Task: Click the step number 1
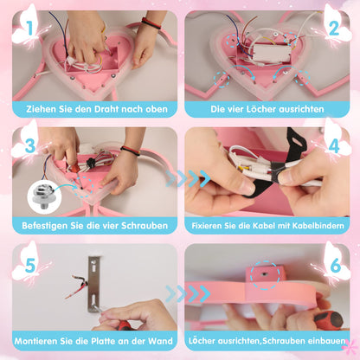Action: [x=29, y=28]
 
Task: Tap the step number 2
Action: [x=334, y=29]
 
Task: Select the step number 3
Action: [x=30, y=146]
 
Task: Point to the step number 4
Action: [x=334, y=146]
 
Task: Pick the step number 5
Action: [x=30, y=265]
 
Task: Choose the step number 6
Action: [x=335, y=265]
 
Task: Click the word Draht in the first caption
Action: [x=102, y=109]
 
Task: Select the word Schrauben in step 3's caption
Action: [x=145, y=225]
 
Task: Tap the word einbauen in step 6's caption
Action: [x=326, y=341]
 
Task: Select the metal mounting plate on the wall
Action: [x=94, y=284]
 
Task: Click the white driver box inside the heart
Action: [x=272, y=55]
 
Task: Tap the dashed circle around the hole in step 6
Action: [x=265, y=275]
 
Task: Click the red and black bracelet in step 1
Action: [x=151, y=23]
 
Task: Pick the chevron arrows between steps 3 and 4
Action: [x=188, y=178]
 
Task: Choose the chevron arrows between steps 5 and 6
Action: [x=188, y=293]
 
